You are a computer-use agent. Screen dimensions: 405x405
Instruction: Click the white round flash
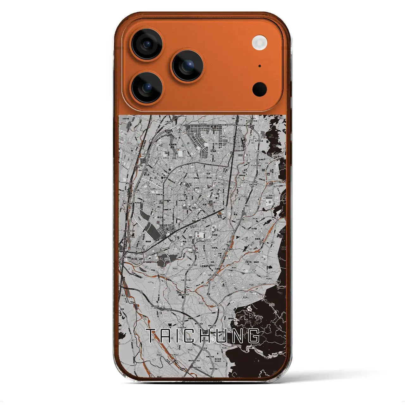click(259, 42)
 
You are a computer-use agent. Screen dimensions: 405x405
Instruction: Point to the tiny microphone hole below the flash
click(259, 66)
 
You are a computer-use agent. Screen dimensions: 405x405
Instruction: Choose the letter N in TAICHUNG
click(238, 336)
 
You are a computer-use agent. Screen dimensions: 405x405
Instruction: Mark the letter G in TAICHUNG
click(254, 336)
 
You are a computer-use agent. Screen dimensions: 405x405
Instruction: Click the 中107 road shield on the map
click(206, 285)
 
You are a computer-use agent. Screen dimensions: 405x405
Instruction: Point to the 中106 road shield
click(163, 275)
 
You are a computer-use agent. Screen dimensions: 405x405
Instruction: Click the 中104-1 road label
click(269, 279)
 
